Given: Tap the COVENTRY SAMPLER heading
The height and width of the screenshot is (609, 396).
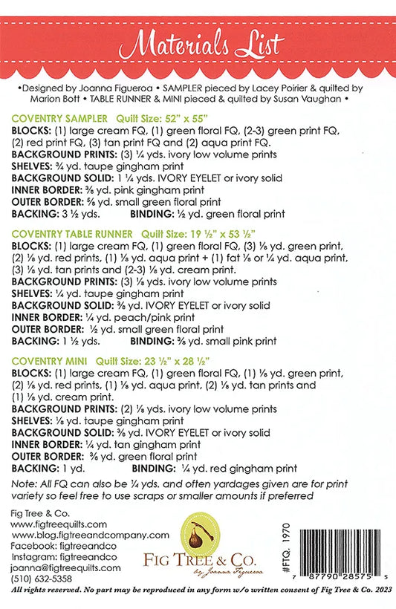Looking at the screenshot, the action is pyautogui.click(x=59, y=118).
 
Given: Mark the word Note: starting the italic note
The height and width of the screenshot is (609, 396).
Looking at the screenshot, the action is pyautogui.click(x=25, y=484).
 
